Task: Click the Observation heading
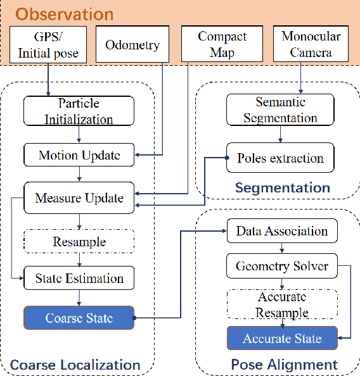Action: (x=61, y=14)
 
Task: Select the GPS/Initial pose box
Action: (x=48, y=44)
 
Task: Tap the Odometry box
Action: (x=132, y=45)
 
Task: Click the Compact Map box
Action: (x=222, y=44)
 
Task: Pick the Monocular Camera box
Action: (x=311, y=44)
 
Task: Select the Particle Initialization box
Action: (x=79, y=111)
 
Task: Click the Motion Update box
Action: (x=79, y=155)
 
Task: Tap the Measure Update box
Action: (x=79, y=198)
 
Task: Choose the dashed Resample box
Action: (x=79, y=242)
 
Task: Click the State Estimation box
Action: (x=79, y=277)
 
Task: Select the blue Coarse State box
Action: (x=79, y=318)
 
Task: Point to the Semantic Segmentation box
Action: (x=281, y=110)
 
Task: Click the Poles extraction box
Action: (x=281, y=158)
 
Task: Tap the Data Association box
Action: (x=282, y=231)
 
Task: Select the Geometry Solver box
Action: (x=282, y=266)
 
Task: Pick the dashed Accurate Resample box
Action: (x=282, y=304)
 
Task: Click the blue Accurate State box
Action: (x=282, y=339)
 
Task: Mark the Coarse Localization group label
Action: (x=75, y=365)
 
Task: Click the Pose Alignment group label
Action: (x=284, y=365)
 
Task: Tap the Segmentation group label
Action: (x=282, y=187)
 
